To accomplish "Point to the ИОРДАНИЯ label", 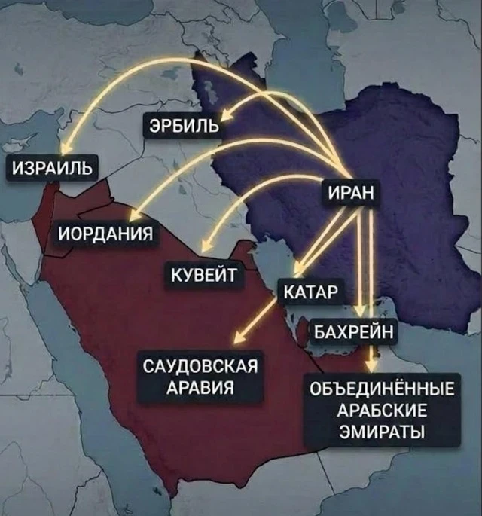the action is pyautogui.click(x=105, y=232).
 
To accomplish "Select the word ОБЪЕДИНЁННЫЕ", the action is pyautogui.click(x=383, y=391).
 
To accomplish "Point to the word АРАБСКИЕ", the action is pyautogui.click(x=383, y=411).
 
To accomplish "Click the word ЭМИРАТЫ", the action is pyautogui.click(x=383, y=432).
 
